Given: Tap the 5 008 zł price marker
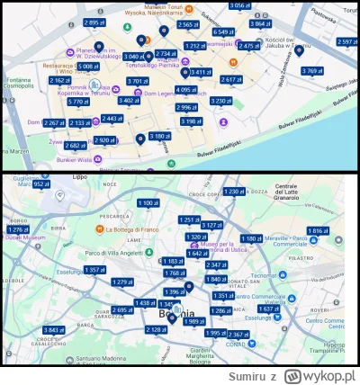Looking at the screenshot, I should click(88, 67).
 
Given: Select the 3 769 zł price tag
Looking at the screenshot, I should click(311, 71).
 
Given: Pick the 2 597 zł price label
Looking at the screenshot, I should click(346, 41).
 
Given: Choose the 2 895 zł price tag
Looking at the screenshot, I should click(92, 22).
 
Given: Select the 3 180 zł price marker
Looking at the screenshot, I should click(158, 136).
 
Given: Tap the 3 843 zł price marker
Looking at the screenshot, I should click(53, 330).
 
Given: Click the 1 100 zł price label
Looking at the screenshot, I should click(148, 204).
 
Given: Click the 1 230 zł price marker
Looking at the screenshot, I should click(233, 192).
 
